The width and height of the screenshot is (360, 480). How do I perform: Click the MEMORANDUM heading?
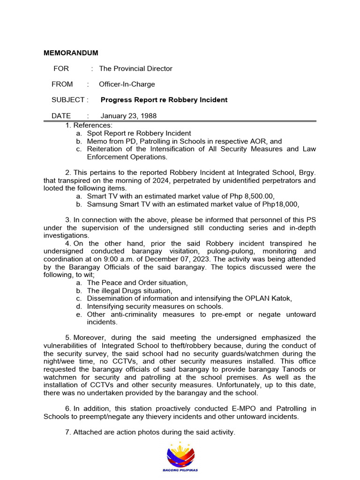71,53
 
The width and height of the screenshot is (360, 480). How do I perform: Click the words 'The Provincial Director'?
135,68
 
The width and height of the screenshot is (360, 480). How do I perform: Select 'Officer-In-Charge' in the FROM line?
127,84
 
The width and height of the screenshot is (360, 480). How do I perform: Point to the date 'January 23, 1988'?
128,116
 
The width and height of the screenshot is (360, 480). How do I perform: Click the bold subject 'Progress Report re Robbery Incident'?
164,100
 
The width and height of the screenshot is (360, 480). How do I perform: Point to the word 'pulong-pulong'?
207,251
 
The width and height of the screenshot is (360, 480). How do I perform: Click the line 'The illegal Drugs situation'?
129,291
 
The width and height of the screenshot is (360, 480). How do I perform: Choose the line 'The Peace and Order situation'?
137,283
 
